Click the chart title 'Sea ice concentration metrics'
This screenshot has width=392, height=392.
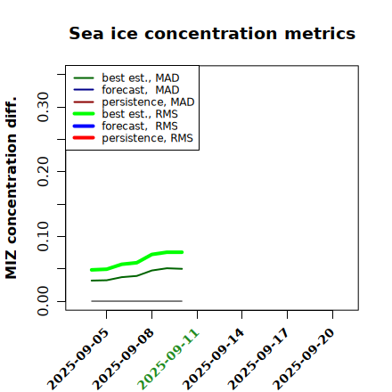point(212,33)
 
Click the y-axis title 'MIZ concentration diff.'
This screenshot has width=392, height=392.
point(11,188)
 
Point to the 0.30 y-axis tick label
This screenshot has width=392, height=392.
point(44,107)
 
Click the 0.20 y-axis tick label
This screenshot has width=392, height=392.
point(44,172)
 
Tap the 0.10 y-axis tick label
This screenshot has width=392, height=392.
point(44,236)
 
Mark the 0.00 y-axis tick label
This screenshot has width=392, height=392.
point(44,301)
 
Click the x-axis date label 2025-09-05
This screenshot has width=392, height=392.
point(78,360)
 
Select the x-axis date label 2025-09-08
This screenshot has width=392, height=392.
point(123,360)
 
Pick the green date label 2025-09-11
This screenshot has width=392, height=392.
point(168,360)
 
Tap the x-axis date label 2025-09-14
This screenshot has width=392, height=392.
point(214,360)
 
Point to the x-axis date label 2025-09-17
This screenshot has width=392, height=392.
point(258,360)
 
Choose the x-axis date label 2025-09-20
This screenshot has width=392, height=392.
point(304,360)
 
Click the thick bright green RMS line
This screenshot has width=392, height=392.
point(136,263)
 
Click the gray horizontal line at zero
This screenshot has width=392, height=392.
point(136,301)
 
